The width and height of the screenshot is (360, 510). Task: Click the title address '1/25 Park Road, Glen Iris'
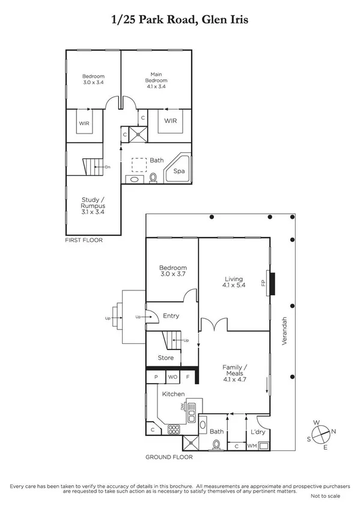pos(180,20)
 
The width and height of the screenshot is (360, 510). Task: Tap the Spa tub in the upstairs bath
pos(179,171)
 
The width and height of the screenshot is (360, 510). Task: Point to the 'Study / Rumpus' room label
pos(93,205)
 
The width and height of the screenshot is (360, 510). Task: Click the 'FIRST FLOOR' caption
pos(84,240)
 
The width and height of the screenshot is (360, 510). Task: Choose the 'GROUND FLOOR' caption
pos(169,457)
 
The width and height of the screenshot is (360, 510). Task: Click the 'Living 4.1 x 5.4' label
pos(233,283)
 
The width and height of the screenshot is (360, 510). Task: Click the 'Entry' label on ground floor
pos(171,316)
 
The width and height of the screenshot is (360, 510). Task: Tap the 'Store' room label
pos(166,358)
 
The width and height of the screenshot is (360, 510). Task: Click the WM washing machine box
pos(252,446)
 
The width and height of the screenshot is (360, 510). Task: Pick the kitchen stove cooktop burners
pos(174,429)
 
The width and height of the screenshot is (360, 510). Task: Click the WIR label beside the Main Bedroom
pos(171,120)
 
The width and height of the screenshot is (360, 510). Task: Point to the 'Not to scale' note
pos(325,496)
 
